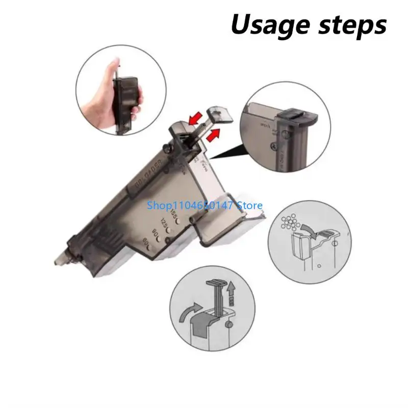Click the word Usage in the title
pyautogui.click(x=266, y=24)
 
